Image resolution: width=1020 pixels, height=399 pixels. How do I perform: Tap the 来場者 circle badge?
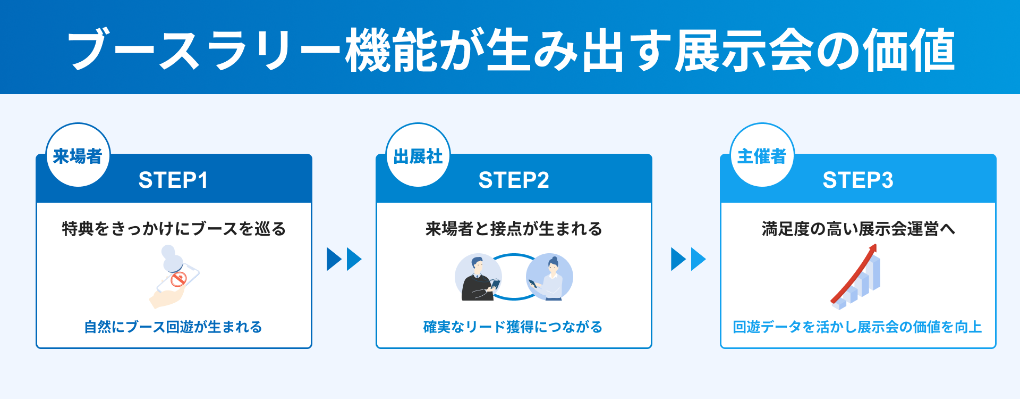tap(78, 155)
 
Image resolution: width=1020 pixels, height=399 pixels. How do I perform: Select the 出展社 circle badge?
tap(418, 155)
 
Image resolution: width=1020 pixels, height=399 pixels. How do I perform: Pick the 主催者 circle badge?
tap(762, 155)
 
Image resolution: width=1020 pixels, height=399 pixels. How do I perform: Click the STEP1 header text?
tap(173, 180)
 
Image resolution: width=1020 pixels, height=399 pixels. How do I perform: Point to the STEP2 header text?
tap(514, 180)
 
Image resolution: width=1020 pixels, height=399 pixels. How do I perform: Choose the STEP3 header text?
tap(858, 180)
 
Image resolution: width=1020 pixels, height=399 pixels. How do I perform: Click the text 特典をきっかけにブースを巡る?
tap(174, 229)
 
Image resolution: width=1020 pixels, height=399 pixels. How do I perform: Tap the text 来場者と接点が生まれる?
tap(514, 229)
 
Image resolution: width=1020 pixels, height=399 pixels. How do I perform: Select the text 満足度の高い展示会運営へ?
tap(858, 229)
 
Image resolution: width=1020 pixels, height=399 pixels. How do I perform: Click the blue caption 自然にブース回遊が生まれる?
tap(173, 327)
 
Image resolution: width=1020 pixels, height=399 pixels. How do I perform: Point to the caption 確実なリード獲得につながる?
tap(513, 327)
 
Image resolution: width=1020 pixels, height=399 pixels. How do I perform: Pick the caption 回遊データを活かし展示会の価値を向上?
tap(857, 327)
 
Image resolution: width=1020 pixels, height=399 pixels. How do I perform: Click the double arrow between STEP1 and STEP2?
tap(344, 259)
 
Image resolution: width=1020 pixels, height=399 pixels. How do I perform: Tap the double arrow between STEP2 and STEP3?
tap(688, 259)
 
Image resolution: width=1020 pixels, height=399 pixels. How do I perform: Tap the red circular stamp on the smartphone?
tap(178, 279)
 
